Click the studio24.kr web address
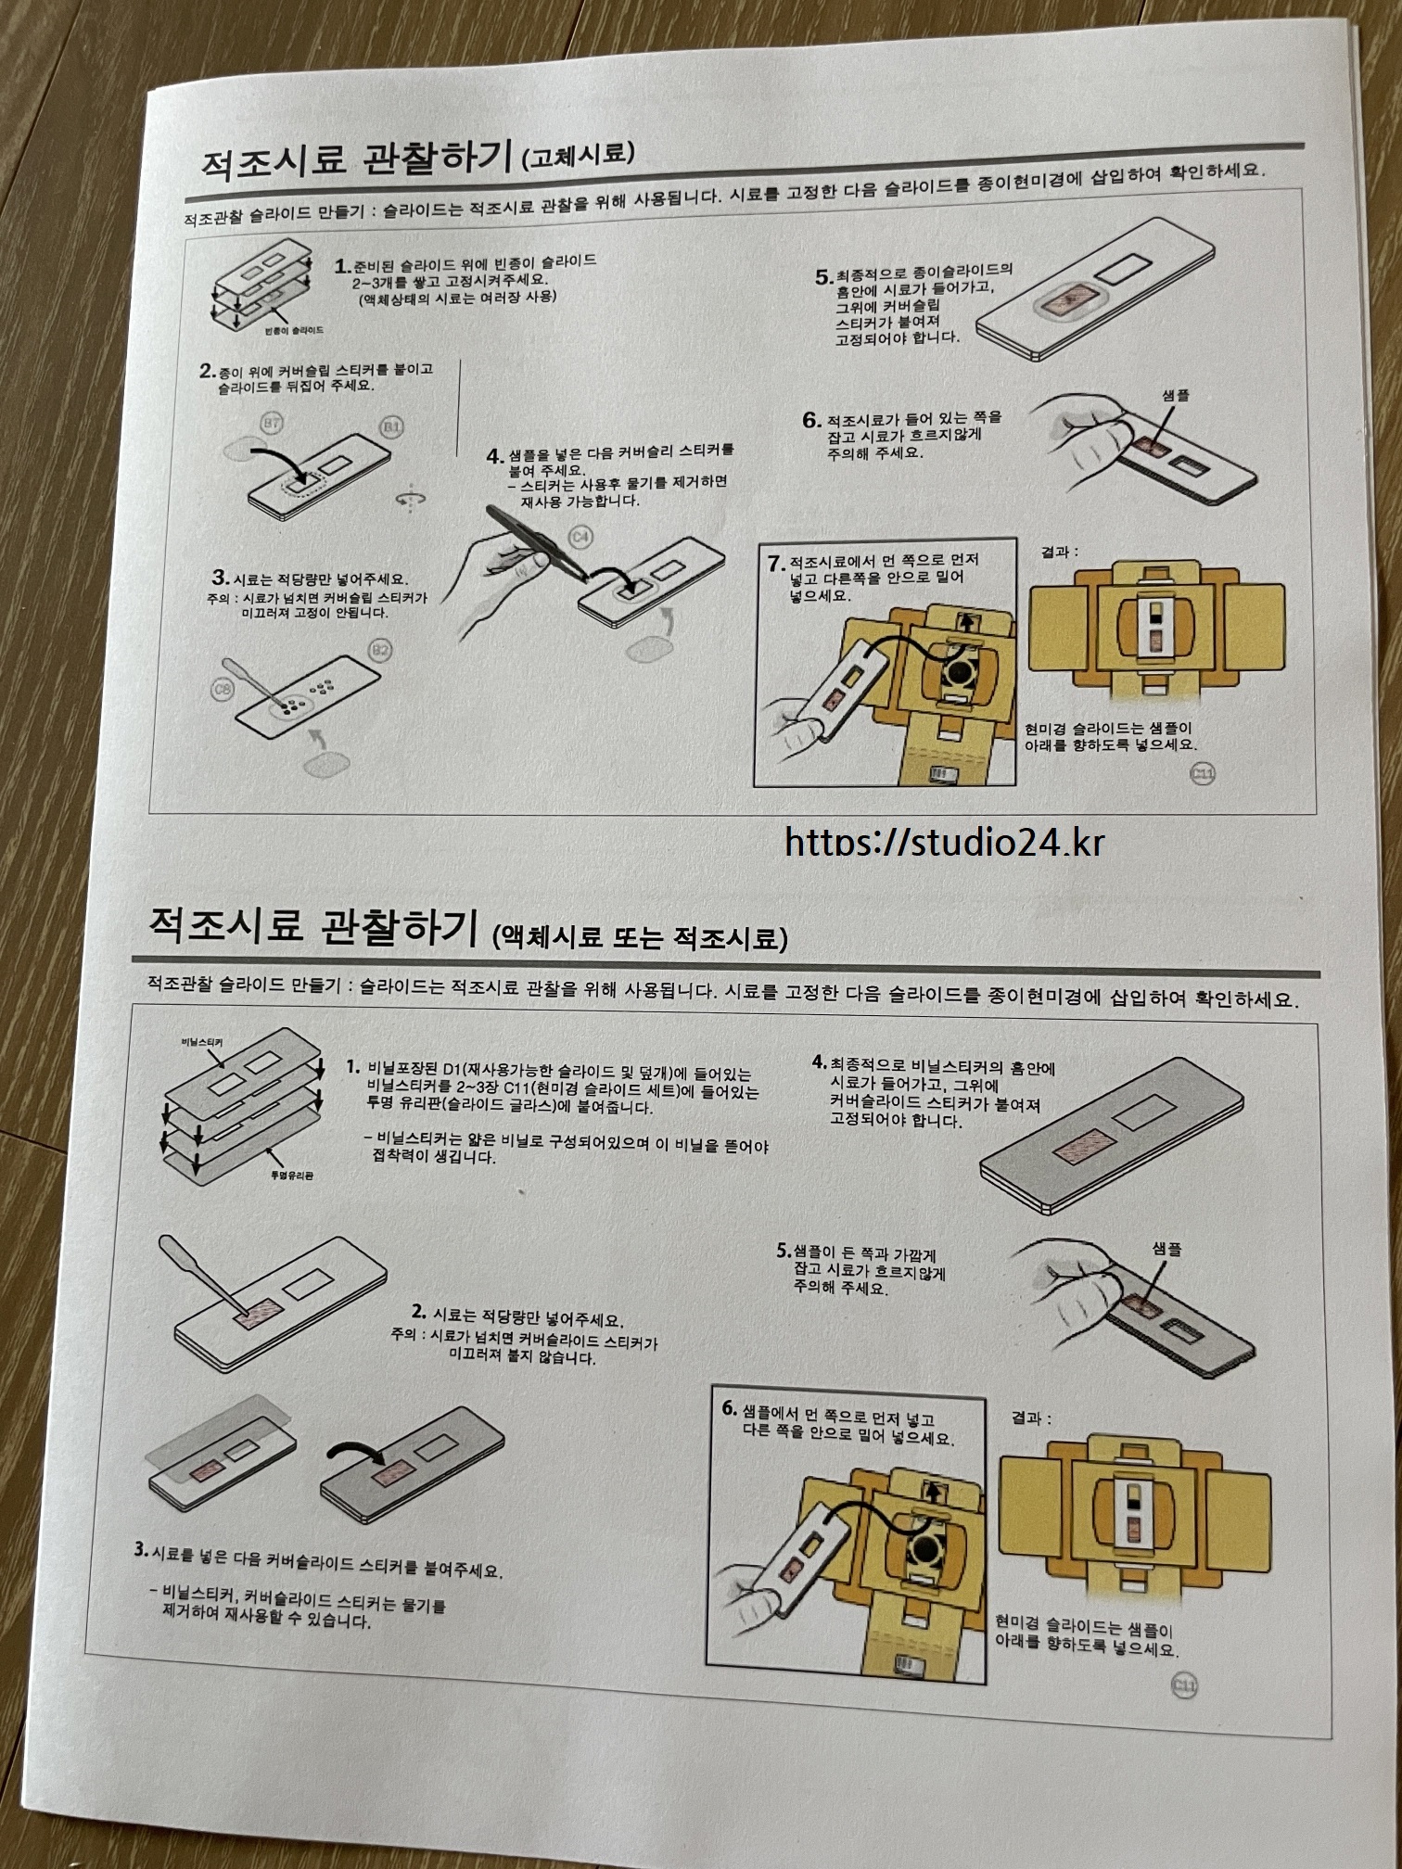tap(944, 841)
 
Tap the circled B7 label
tap(272, 424)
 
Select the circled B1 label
tap(392, 426)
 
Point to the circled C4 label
tap(580, 537)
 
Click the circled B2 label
tap(381, 650)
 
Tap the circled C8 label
tap(223, 690)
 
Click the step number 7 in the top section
tap(776, 564)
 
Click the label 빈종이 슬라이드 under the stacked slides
tap(294, 330)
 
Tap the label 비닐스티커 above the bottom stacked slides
tap(201, 1043)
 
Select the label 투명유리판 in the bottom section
tap(291, 1176)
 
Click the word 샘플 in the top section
tap(1175, 396)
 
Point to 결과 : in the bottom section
tap(1031, 1418)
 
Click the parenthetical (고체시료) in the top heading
tap(578, 155)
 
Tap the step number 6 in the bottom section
tap(730, 1408)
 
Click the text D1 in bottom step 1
tap(452, 1071)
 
